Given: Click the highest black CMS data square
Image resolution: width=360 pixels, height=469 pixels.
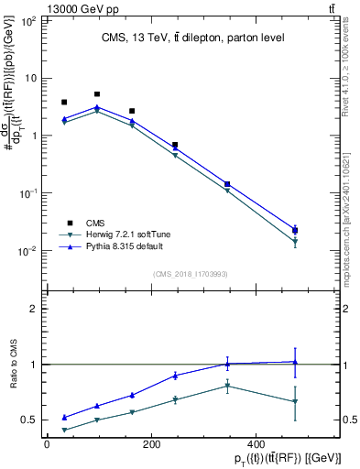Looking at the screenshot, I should point(97,94).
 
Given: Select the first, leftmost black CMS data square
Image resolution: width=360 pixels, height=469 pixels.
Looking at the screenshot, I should point(64,103).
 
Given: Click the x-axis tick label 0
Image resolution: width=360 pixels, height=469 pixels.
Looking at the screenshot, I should point(47,445).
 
